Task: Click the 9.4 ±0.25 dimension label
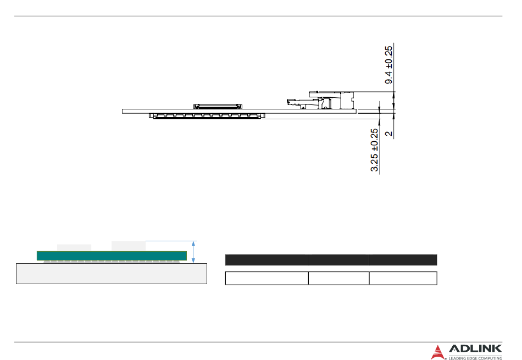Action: (388, 65)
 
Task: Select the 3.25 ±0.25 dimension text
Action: (374, 150)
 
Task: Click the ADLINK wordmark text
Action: (475, 349)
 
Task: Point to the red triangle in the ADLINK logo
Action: (437, 353)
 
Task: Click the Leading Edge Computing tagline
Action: (475, 358)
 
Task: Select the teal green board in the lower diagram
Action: (112, 256)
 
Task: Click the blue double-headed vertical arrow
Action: (193, 252)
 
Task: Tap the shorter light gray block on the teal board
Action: (74, 248)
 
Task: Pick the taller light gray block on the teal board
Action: (129, 246)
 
